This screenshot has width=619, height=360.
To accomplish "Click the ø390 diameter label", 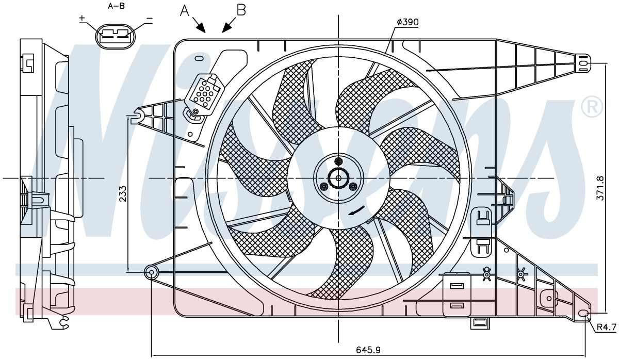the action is click(x=408, y=22).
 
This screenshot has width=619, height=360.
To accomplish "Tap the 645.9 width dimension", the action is click(x=368, y=350).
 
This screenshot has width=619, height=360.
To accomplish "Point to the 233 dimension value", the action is click(x=123, y=193).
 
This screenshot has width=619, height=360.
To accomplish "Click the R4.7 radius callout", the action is click(x=607, y=327).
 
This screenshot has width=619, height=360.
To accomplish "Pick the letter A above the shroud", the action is click(x=185, y=11).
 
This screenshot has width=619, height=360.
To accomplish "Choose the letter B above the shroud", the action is click(x=241, y=10).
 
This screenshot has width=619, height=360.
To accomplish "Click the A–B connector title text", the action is click(x=116, y=6).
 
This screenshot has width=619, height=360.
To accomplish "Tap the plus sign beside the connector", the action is click(x=82, y=18).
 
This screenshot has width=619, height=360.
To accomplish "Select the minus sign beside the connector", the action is click(x=149, y=19).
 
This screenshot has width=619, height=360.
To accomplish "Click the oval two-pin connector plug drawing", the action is click(x=115, y=36).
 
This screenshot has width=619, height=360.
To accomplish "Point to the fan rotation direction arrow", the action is click(x=357, y=210).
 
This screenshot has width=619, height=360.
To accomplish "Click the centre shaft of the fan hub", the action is click(x=338, y=178).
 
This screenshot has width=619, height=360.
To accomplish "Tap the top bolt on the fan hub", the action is click(x=338, y=161).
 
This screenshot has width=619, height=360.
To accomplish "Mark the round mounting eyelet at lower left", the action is click(x=152, y=272).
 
